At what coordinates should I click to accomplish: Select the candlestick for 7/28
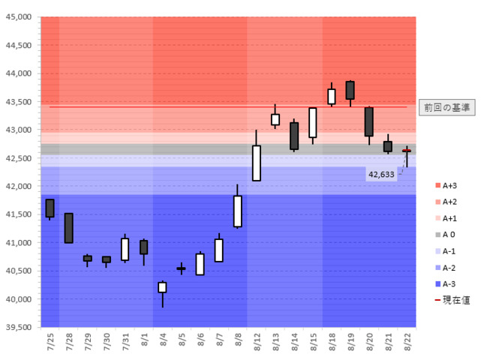click(69, 228)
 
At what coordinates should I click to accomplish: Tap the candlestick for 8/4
click(162, 287)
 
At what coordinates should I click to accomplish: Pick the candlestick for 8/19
click(350, 90)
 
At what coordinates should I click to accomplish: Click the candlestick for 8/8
click(238, 211)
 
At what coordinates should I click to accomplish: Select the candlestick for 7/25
click(50, 208)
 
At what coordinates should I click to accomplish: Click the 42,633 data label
click(381, 175)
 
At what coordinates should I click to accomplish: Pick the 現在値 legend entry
click(452, 301)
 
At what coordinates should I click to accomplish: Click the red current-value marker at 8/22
click(407, 151)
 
